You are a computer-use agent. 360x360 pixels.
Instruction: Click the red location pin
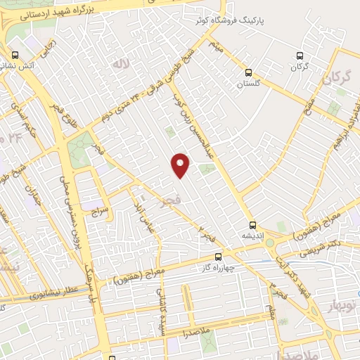181,165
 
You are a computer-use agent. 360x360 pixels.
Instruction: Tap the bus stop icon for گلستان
248,72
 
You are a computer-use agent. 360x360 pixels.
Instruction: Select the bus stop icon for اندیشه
253,226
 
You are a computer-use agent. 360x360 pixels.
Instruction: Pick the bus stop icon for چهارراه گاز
218,257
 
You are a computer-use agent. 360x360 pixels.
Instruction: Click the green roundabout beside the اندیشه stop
270,243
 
